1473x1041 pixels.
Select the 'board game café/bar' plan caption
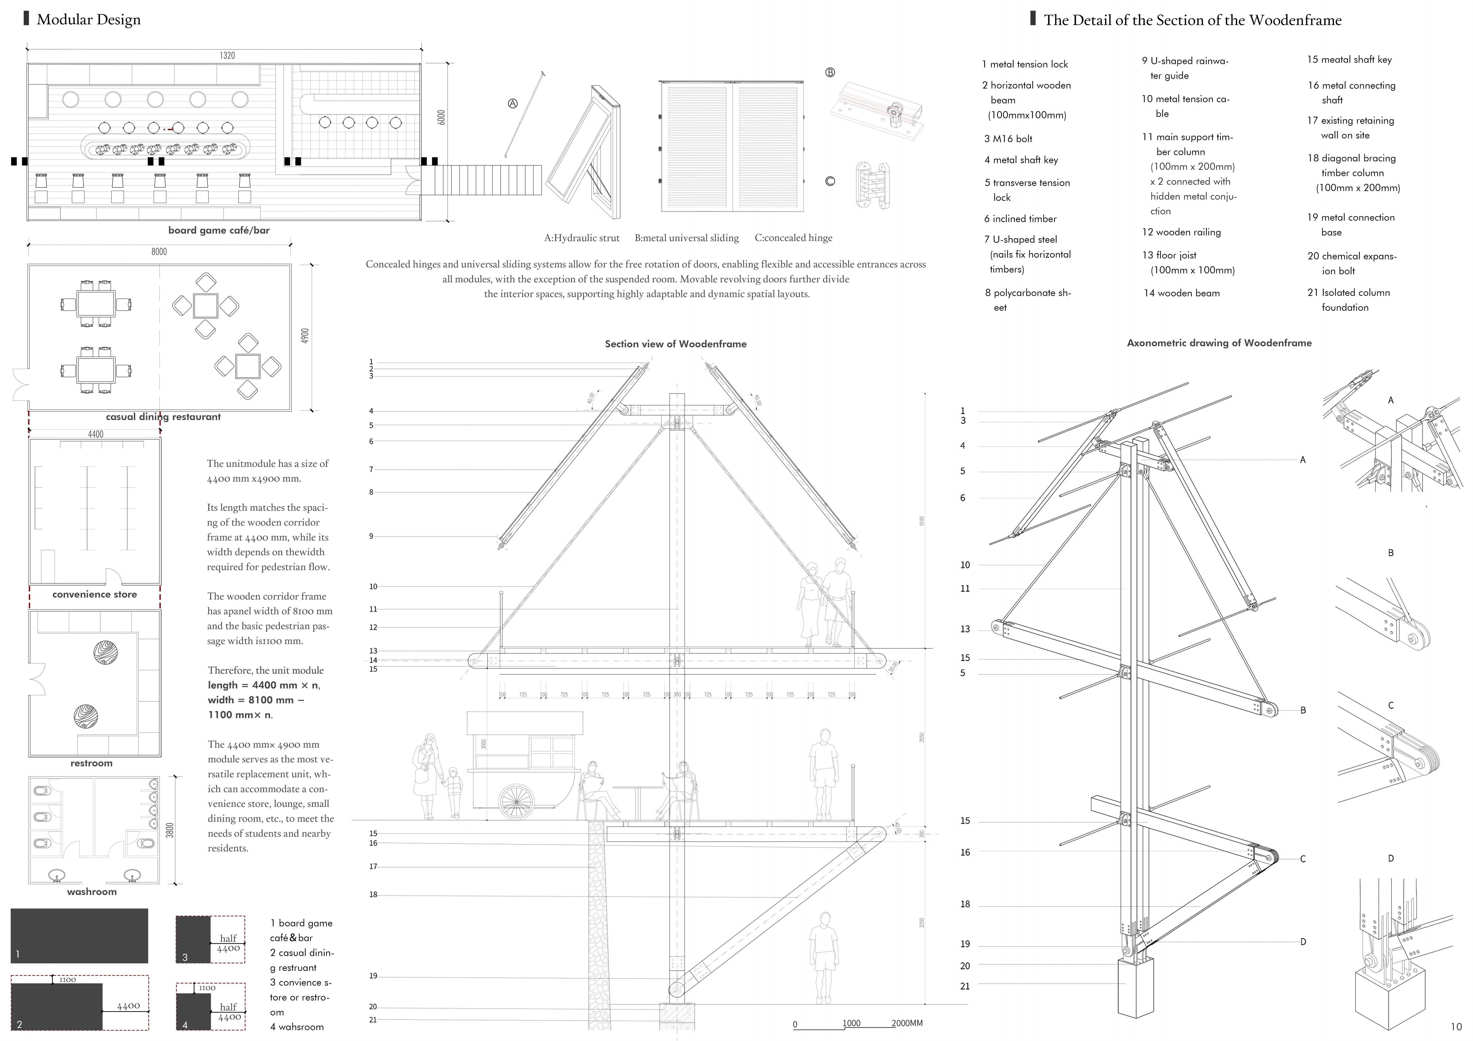coord(219,230)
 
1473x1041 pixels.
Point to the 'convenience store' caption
coord(95,595)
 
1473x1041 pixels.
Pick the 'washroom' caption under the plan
coord(92,892)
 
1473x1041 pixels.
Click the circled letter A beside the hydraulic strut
coord(513,103)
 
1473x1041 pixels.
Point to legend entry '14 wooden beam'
coord(1182,293)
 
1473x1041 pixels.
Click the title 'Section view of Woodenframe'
coord(676,344)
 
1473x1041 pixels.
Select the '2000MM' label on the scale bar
coord(906,1023)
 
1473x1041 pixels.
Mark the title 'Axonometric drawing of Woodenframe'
coord(1219,343)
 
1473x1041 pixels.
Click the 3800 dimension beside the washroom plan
coord(170,830)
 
